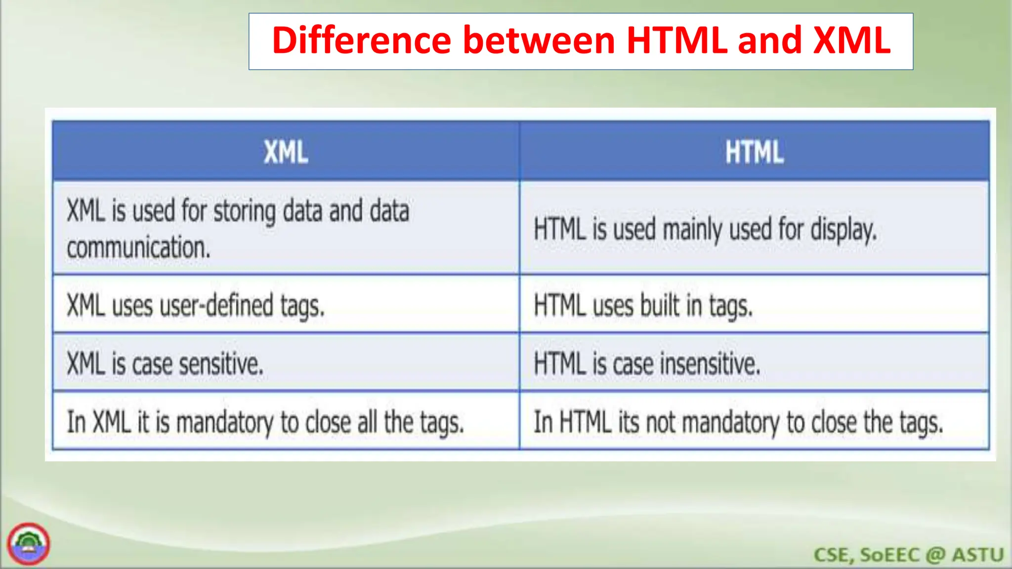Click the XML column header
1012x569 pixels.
286,152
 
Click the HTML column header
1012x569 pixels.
754,152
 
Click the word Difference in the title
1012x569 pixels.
361,41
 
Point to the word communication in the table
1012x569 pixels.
138,247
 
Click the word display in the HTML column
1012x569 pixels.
843,230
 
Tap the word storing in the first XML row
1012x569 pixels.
245,211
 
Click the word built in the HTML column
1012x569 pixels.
660,305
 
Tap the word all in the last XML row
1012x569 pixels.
367,422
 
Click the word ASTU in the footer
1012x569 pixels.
978,555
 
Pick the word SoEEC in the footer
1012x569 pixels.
889,555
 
